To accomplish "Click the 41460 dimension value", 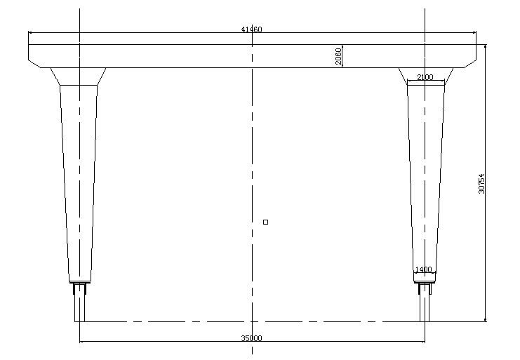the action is coord(251,29).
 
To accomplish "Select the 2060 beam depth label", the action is coord(338,56).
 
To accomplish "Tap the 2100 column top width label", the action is coord(425,77).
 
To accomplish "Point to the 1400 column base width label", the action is coord(423,269).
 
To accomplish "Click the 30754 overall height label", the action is coord(481,184).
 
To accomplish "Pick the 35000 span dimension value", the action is coord(251,338).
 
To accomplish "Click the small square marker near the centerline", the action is coord(266,222).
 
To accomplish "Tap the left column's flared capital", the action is coord(79,76).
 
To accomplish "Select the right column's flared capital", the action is coord(426,76).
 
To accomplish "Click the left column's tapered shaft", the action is coord(79,183).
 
